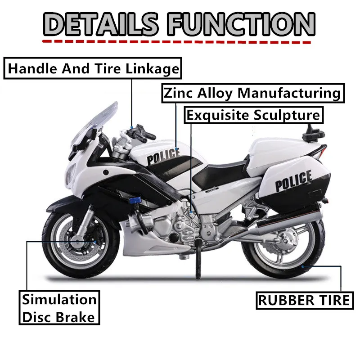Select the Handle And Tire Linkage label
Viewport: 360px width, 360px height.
(94, 69)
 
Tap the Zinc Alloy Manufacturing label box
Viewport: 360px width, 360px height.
(252, 93)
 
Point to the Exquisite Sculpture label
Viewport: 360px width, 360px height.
(254, 115)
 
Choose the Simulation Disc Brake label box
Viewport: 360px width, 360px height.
(59, 308)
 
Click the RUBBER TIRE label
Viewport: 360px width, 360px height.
(303, 300)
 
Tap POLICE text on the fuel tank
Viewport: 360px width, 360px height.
(162, 156)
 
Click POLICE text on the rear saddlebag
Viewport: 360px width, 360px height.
(293, 180)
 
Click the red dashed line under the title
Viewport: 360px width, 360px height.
(175, 41)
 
